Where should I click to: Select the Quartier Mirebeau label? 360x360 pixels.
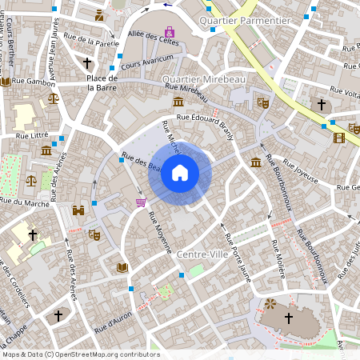(203, 80)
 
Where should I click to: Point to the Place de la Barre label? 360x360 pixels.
(102, 83)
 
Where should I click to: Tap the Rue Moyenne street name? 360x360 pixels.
(159, 230)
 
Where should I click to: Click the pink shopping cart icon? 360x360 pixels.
(142, 203)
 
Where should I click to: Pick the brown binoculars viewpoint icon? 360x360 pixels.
(79, 211)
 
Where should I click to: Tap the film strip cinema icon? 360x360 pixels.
(339, 138)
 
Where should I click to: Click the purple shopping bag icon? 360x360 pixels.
(169, 32)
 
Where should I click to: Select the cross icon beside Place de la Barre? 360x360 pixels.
(87, 62)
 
